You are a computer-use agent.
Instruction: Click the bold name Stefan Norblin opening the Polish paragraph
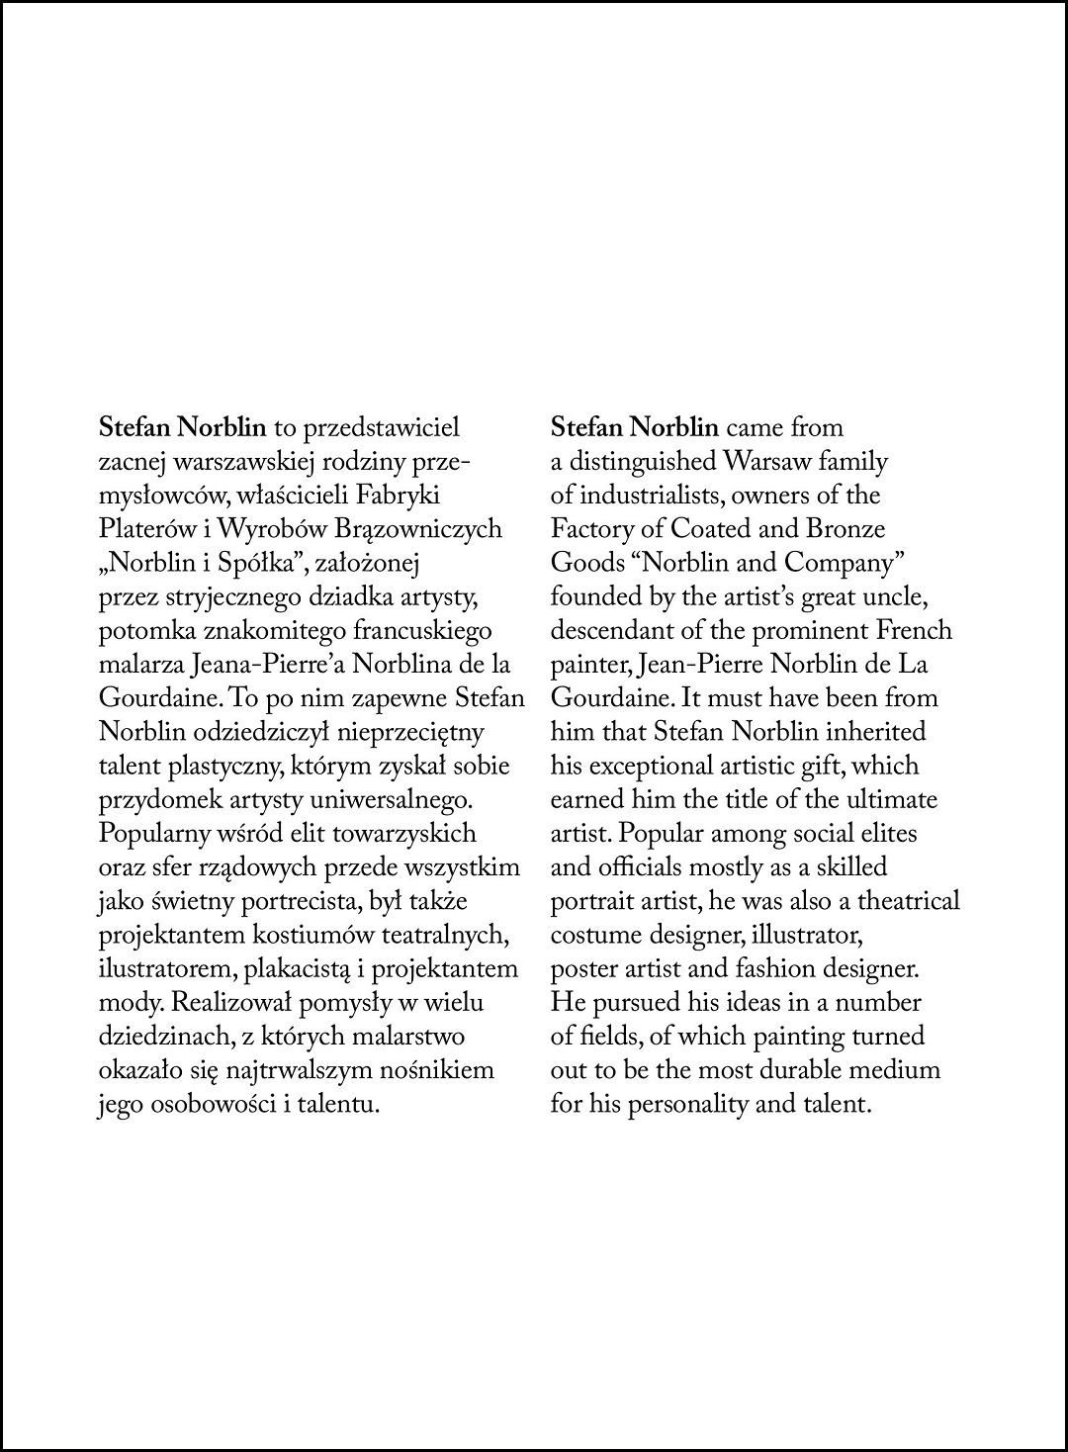[183, 428]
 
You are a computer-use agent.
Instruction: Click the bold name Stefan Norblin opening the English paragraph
[634, 428]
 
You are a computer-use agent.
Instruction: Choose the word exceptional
[644, 767]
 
